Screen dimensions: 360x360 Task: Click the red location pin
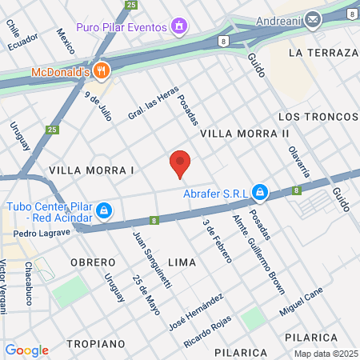pyautogui.click(x=180, y=163)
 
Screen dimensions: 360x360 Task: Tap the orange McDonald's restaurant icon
pyautogui.click(x=101, y=70)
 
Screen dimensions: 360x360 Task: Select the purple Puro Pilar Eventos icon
pyautogui.click(x=179, y=26)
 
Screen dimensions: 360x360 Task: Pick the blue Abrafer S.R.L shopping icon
pyautogui.click(x=260, y=192)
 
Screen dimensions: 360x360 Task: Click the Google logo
pyautogui.click(x=26, y=350)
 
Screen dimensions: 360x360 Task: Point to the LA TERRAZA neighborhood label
pyautogui.click(x=322, y=53)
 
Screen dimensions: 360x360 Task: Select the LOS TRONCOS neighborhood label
pyautogui.click(x=317, y=117)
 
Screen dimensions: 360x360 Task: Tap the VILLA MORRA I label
pyautogui.click(x=91, y=170)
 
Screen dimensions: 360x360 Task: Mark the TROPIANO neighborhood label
pyautogui.click(x=96, y=343)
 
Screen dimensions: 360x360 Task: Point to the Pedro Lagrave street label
pyautogui.click(x=42, y=234)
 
